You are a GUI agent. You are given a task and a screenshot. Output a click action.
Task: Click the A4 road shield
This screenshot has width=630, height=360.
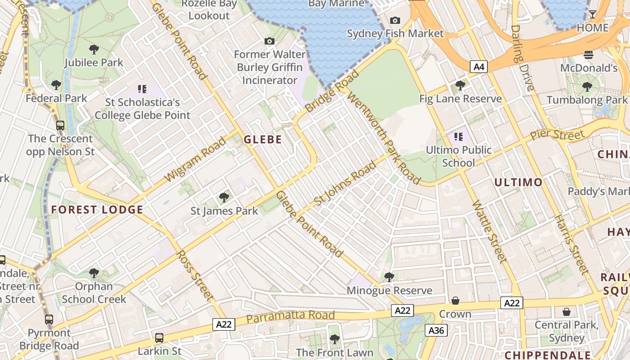coord(479,67)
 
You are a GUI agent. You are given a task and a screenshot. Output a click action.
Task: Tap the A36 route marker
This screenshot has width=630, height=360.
coord(436,331)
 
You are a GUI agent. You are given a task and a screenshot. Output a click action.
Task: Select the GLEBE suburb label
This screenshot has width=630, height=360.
coord(263,139)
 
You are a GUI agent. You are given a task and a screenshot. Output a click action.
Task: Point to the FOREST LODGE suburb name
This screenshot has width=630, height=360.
coord(97,210)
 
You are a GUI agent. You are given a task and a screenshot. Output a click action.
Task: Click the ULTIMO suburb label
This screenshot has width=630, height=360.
coord(518,182)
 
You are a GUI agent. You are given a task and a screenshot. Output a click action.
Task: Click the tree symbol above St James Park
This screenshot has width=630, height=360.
coord(224,197)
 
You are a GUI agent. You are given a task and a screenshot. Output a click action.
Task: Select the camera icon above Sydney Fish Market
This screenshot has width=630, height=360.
coord(395,20)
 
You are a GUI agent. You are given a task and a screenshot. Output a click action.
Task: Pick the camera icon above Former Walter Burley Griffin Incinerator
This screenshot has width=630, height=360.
coord(270,41)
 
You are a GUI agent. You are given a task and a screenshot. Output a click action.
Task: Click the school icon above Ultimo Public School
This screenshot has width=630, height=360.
coord(459,136)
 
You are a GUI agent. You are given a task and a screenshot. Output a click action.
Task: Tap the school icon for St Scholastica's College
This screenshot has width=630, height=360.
coord(142,89)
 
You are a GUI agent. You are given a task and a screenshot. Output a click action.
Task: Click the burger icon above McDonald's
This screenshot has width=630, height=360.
coord(589,55)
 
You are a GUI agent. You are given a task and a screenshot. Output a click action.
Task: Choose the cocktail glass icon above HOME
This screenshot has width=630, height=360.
coord(593,14)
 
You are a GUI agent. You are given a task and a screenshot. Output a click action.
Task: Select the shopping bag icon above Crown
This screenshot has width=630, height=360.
coord(455,301)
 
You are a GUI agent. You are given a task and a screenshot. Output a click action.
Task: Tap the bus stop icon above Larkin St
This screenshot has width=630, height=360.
coord(159,337)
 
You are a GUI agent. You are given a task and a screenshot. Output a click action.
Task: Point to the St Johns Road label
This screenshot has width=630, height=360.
coord(345,184)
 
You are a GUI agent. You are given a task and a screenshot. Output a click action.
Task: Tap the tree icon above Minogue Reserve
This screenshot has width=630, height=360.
coord(389,277)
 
